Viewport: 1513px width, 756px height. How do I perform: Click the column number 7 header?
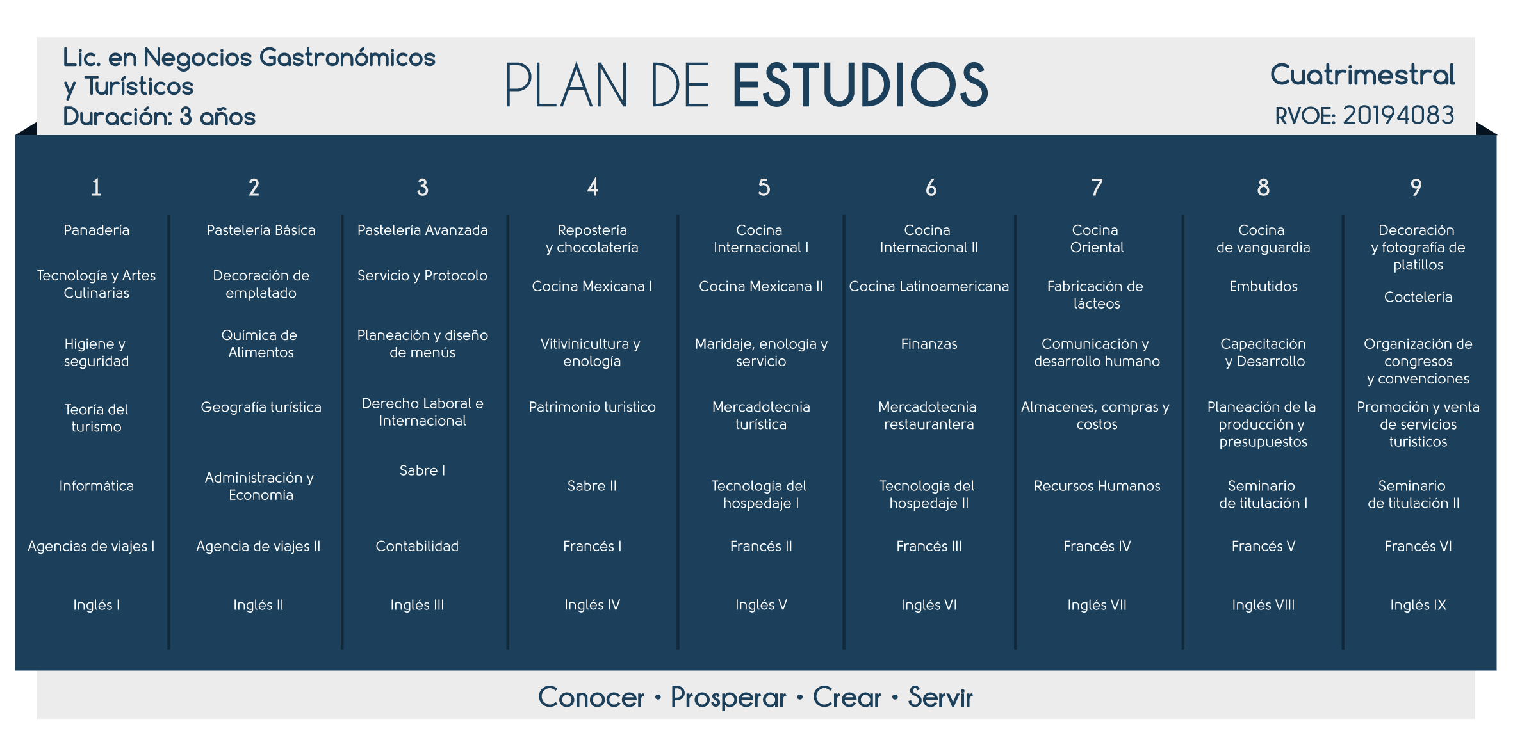[1097, 188]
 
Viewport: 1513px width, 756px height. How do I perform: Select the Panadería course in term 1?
[96, 230]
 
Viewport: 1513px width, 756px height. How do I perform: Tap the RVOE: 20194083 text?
[1364, 116]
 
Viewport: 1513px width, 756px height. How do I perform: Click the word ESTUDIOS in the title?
[860, 84]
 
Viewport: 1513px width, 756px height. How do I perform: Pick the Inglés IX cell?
[1418, 605]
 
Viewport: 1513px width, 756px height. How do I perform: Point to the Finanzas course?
[929, 344]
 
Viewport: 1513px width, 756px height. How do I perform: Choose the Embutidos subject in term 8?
[1263, 286]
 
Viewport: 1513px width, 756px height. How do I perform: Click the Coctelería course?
[1418, 297]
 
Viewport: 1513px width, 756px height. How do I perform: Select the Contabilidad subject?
[417, 546]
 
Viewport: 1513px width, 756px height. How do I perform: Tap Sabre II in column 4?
[592, 486]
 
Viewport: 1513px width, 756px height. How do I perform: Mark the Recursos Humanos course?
[1097, 486]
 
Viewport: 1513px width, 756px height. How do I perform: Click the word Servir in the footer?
[940, 697]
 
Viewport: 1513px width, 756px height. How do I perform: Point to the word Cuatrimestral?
[1362, 75]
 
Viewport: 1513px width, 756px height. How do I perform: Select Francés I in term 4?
[592, 546]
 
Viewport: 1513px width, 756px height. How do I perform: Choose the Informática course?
[96, 486]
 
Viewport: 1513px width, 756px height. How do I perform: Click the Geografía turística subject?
[261, 407]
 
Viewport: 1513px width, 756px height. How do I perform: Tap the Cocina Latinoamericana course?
[929, 286]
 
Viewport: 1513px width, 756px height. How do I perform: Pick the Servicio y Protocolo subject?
[422, 275]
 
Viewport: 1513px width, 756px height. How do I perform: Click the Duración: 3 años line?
[159, 117]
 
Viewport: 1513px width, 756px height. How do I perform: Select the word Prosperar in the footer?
[728, 698]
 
